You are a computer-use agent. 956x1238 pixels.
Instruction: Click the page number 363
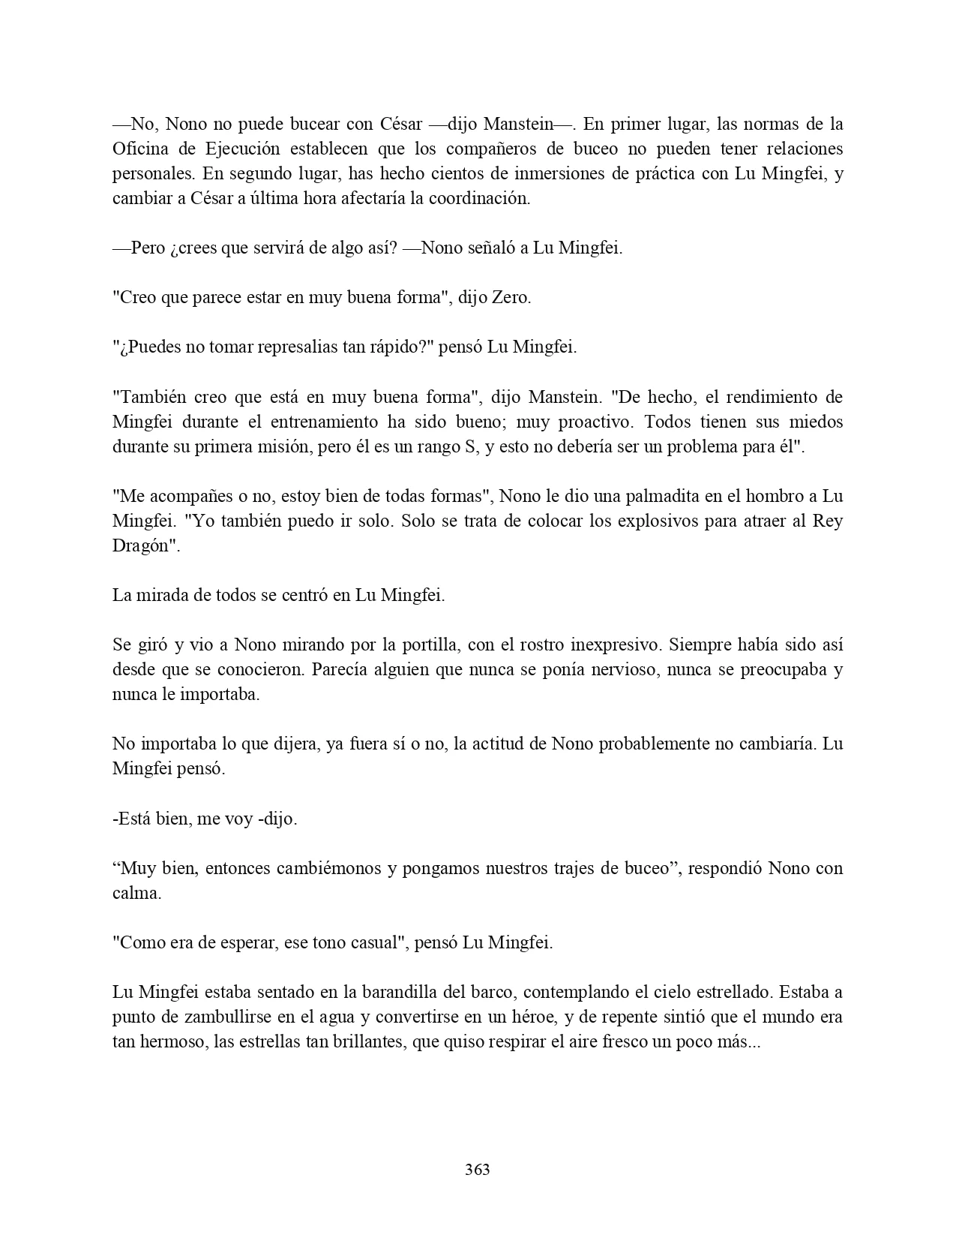[x=478, y=1169]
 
